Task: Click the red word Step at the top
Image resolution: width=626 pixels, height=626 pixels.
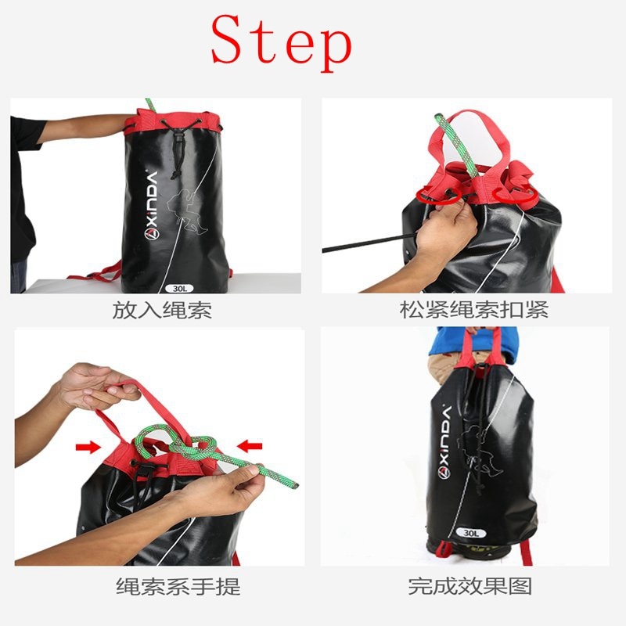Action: [x=281, y=41]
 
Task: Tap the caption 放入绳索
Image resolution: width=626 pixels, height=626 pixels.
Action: [x=162, y=310]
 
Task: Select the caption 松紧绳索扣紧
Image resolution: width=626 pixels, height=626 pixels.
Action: [x=474, y=310]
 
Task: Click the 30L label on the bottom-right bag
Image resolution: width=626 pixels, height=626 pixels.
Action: [x=470, y=533]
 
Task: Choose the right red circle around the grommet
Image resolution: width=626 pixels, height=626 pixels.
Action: [x=520, y=196]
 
